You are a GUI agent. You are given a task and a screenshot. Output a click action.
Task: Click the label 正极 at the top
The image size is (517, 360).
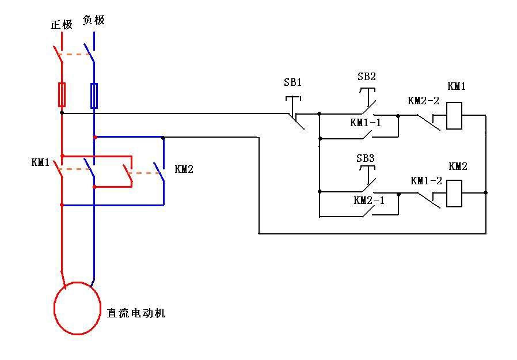(62, 25)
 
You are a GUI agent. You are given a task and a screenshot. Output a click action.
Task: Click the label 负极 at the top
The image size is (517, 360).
(94, 21)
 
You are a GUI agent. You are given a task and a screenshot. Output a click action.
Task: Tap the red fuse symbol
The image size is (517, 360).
(62, 94)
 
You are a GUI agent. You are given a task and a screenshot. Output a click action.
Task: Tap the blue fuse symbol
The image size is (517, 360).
(94, 96)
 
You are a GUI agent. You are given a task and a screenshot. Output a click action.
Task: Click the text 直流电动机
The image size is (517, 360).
(136, 313)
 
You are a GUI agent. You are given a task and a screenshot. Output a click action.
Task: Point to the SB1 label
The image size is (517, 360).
(292, 82)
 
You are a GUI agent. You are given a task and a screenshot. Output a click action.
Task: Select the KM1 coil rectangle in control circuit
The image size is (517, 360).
(454, 115)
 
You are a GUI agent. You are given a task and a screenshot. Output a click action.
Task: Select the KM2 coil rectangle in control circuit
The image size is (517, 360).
(454, 194)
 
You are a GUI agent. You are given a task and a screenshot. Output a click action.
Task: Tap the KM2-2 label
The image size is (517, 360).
(423, 100)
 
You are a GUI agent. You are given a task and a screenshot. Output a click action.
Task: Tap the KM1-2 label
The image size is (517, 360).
(426, 180)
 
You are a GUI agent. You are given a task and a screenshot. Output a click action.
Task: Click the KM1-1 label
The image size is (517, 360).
(366, 123)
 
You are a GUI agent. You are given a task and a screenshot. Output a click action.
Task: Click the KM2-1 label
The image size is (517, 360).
(368, 200)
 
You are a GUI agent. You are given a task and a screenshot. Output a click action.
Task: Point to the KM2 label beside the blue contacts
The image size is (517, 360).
(184, 169)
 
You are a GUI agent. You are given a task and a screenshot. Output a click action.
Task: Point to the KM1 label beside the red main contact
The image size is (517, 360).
(40, 162)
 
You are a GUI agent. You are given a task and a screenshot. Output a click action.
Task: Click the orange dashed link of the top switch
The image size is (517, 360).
(75, 55)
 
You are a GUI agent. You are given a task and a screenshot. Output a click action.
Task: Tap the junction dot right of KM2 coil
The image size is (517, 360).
(486, 192)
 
